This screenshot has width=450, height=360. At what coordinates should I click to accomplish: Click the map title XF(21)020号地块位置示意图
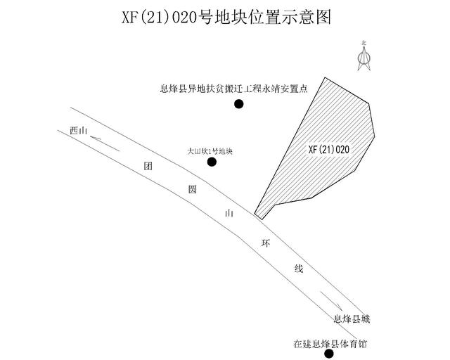tap(226, 17)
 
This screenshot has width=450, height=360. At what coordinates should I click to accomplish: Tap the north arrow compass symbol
tap(364, 58)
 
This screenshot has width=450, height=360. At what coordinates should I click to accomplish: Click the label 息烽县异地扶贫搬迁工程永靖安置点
tap(233, 89)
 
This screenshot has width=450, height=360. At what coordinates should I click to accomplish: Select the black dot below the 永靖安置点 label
tap(239, 104)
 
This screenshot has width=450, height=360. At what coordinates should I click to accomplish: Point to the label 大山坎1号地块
tap(210, 151)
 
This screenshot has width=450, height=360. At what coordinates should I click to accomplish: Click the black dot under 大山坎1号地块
tap(212, 162)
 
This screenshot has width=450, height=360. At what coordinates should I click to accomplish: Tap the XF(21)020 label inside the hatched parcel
tap(329, 150)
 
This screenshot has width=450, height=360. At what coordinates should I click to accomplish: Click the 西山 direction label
tap(78, 131)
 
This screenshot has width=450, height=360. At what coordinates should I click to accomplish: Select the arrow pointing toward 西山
tap(105, 143)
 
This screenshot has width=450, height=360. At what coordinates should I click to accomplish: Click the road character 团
tap(148, 166)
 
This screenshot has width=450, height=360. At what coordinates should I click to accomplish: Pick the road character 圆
tap(192, 189)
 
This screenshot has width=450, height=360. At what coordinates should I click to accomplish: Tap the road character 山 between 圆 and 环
tap(229, 213)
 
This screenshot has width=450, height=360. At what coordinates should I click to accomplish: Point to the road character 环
tap(266, 244)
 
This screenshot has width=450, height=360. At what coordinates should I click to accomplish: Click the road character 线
tap(298, 269)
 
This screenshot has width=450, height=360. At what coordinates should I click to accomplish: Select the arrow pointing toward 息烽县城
tap(331, 301)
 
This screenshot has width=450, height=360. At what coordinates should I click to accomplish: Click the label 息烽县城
tap(352, 319)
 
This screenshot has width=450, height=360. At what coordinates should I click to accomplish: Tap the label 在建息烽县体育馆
tap(330, 344)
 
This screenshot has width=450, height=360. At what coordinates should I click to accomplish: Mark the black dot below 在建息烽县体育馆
tap(329, 354)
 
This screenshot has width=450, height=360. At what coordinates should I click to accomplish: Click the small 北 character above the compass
tap(364, 43)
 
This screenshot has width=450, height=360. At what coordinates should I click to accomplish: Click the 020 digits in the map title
tap(184, 18)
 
